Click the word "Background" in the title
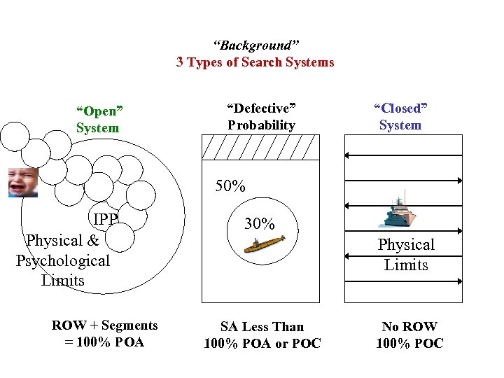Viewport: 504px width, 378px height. coord(254,45)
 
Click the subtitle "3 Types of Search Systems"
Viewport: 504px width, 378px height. coord(255,62)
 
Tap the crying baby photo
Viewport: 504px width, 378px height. coord(22,182)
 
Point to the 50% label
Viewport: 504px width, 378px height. coord(230,186)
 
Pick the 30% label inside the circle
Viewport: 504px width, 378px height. coord(259,223)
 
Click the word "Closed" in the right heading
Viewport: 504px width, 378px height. coord(400,108)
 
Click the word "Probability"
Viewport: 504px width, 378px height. coord(261,125)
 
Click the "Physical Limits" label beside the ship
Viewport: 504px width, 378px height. coord(406,255)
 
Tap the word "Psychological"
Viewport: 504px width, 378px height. coord(63,260)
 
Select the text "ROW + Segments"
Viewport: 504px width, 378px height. coord(104,325)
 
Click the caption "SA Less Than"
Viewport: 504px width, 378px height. coord(262,326)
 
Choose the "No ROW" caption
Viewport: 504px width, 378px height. coord(409,326)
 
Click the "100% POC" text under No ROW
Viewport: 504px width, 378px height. coord(409,344)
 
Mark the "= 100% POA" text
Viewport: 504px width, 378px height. coord(104,342)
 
